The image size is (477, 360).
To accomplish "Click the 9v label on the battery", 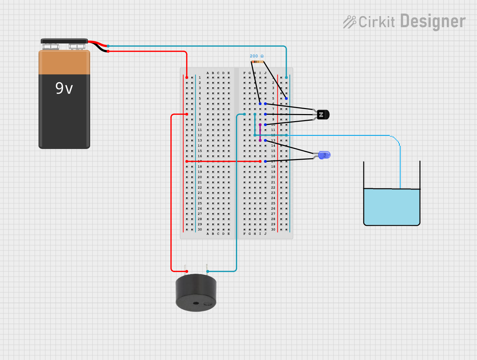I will tap(64, 88).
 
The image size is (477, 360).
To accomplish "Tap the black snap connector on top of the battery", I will tap(64, 41).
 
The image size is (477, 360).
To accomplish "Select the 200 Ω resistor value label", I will tap(257, 56).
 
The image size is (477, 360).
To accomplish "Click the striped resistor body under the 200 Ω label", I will tap(257, 62).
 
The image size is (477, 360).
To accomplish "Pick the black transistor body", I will tap(323, 115).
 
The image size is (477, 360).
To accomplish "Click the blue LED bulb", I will tap(324, 155).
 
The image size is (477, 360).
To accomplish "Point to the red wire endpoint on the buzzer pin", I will tap(187, 271).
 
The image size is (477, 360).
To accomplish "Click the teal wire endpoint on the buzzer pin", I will tap(208, 271).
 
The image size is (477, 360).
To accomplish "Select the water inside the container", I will tap(391, 206).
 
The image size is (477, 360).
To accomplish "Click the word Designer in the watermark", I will tap(433, 21).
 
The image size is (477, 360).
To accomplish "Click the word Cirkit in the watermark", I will tap(376, 22).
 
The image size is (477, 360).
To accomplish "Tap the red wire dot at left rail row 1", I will tap(187, 78).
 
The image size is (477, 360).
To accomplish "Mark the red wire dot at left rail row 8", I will tap(187, 114).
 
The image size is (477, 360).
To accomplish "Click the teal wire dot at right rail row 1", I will tap(286, 78).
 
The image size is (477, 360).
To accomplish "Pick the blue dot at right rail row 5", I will tap(286, 99).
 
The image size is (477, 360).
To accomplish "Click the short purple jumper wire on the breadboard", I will tap(260, 133).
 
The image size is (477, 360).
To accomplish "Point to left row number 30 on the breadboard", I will tap(200, 229).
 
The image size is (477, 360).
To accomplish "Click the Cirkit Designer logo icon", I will tap(349, 22).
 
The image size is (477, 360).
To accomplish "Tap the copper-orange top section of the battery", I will tap(64, 62).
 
